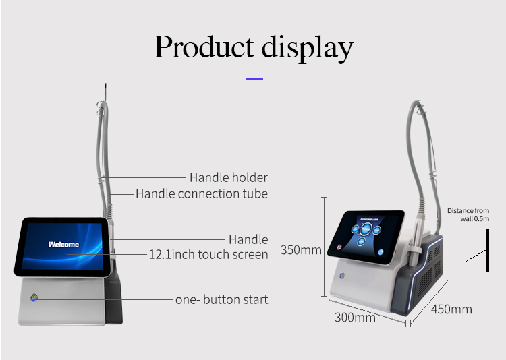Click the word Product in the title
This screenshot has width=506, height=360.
click(203, 48)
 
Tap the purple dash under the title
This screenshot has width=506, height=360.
click(254, 79)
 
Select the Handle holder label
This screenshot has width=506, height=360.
click(228, 177)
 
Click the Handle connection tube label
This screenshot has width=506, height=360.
click(202, 193)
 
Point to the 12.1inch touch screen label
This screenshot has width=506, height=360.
click(208, 254)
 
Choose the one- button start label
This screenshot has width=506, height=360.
click(221, 299)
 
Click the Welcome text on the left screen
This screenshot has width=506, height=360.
click(63, 245)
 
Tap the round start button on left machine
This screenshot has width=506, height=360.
click(34, 297)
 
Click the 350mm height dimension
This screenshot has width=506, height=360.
click(301, 249)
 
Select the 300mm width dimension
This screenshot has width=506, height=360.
click(355, 317)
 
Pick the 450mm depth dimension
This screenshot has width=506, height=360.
click(452, 309)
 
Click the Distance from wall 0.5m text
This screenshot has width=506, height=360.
click(468, 214)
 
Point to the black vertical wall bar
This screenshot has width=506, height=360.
click(488, 251)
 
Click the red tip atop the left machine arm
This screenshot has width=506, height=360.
click(105, 87)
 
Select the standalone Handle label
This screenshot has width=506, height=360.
click(248, 239)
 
